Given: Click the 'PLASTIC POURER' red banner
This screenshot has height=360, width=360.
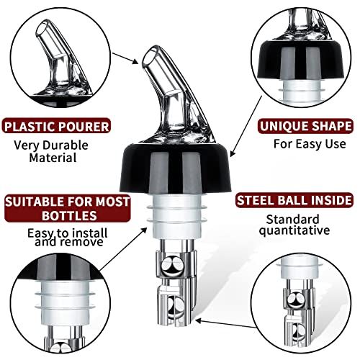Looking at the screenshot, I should [x=58, y=127].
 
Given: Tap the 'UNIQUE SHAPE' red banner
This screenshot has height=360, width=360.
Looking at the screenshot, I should [x=297, y=127].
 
